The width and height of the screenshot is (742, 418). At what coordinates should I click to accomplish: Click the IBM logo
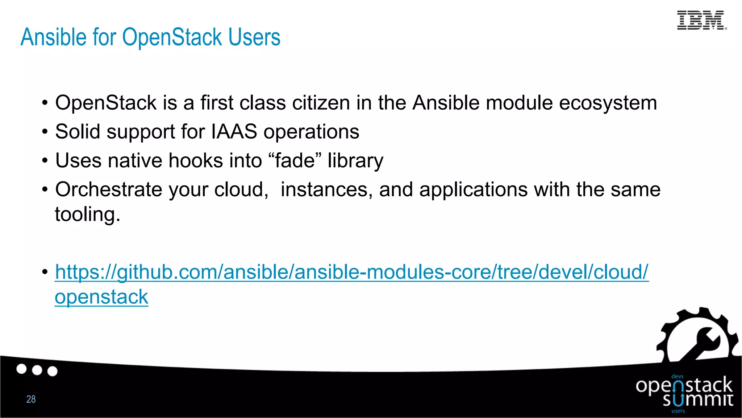click(x=701, y=20)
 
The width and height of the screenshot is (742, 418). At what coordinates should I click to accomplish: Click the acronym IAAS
click(x=234, y=131)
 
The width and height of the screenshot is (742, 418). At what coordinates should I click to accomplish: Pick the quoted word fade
click(x=295, y=160)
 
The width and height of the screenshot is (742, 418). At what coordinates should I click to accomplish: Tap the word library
click(x=355, y=161)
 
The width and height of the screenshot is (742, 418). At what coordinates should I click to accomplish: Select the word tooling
click(x=87, y=214)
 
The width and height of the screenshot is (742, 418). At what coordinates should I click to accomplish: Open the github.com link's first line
click(x=351, y=272)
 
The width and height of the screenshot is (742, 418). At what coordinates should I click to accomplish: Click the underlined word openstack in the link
click(x=101, y=297)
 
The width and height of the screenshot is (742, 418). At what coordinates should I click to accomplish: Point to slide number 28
click(x=31, y=399)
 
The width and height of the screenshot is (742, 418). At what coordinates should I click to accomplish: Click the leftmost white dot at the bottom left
click(x=22, y=369)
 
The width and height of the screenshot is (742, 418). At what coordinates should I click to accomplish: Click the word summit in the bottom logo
click(x=698, y=400)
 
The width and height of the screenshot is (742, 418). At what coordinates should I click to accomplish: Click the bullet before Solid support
click(x=45, y=132)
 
